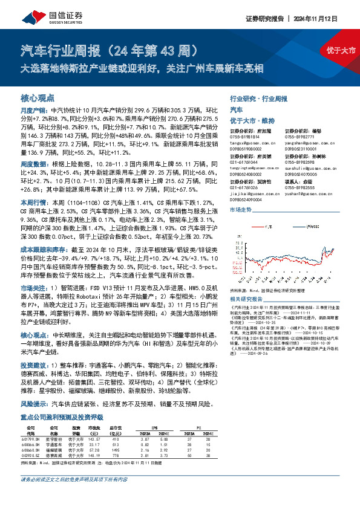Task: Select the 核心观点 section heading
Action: point(38,98)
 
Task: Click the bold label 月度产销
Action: point(31,111)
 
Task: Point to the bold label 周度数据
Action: point(31,164)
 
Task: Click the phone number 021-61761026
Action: point(244,188)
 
